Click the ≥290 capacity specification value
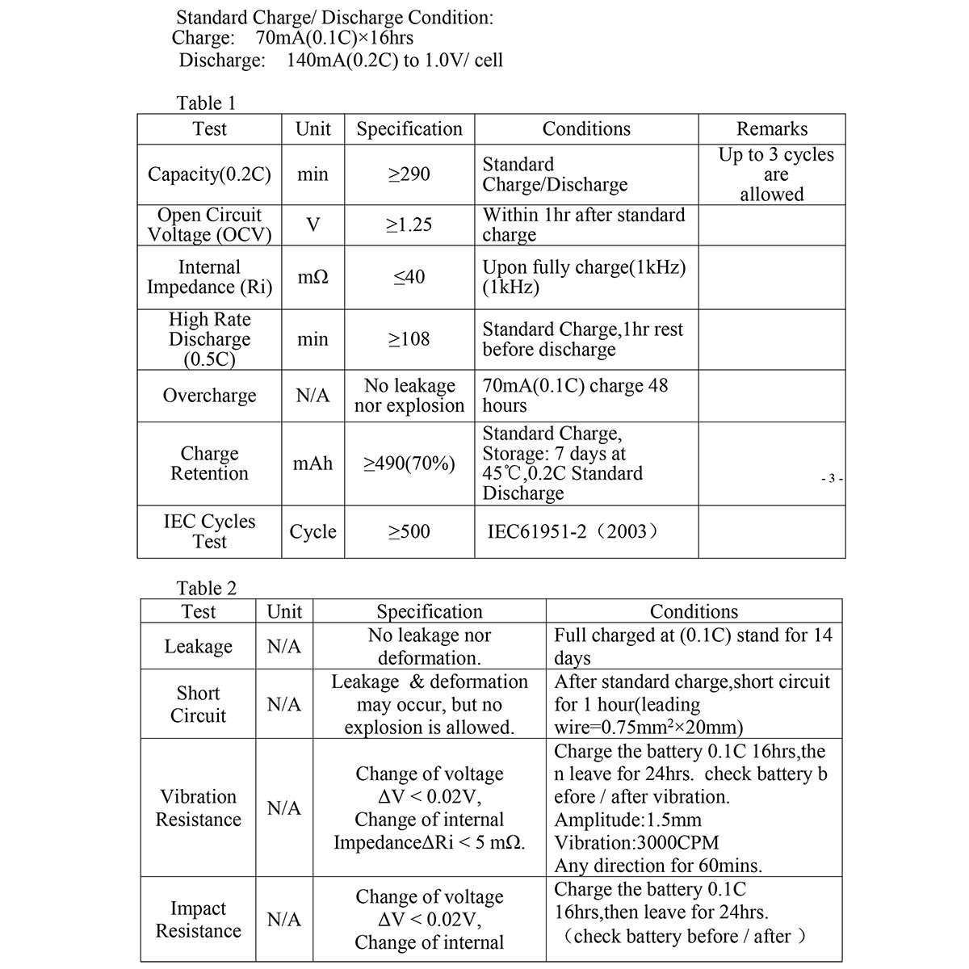click(x=409, y=174)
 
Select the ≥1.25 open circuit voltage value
click(x=409, y=224)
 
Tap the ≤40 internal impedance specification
click(x=409, y=277)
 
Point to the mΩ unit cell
click(x=313, y=277)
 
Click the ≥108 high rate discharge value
click(x=409, y=339)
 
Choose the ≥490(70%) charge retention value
click(x=409, y=464)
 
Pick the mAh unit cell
click(x=313, y=464)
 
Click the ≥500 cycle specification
click(x=409, y=531)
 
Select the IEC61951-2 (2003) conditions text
click(x=573, y=531)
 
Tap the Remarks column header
click(x=771, y=129)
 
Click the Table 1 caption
click(x=206, y=103)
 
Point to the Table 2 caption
click(x=207, y=588)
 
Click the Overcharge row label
click(x=209, y=396)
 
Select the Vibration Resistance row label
click(x=198, y=807)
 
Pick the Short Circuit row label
click(x=198, y=704)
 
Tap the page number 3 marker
click(x=831, y=479)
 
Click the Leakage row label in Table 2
click(x=198, y=646)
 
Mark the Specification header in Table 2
click(x=429, y=611)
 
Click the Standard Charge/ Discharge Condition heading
click(x=334, y=17)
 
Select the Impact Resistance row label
click(x=198, y=920)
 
